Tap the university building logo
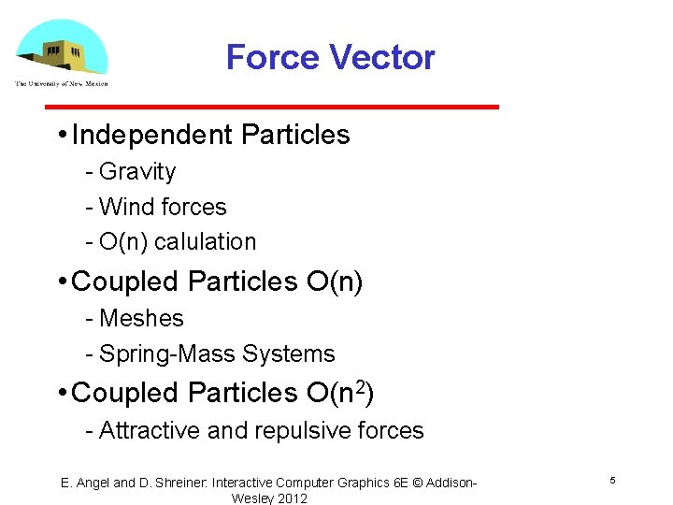coord(62,50)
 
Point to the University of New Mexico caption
coord(62,84)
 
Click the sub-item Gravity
coord(136,172)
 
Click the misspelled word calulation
coord(205,241)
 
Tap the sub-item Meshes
coord(141,319)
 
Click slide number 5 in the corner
coord(612,481)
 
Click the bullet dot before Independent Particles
coord(61,135)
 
